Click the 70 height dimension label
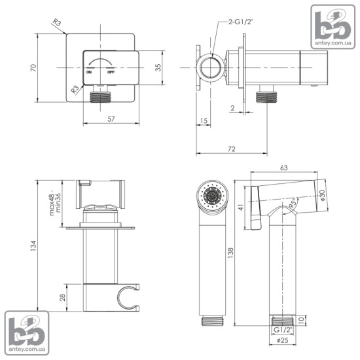tap(33, 67)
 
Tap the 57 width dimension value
tap(111, 119)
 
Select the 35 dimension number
tap(158, 67)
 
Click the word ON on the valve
tap(89, 72)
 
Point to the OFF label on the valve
tap(111, 72)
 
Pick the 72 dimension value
tap(232, 149)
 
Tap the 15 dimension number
tap(204, 120)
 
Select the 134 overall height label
tap(33, 245)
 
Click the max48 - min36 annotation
tap(55, 202)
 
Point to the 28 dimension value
tap(62, 298)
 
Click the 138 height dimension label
tap(230, 253)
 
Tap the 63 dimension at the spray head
tap(284, 168)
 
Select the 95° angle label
tap(293, 203)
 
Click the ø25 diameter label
tap(283, 340)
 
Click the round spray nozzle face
tap(212, 196)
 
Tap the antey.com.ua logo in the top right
tap(333, 27)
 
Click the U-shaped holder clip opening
tap(126, 298)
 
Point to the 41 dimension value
tap(241, 207)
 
